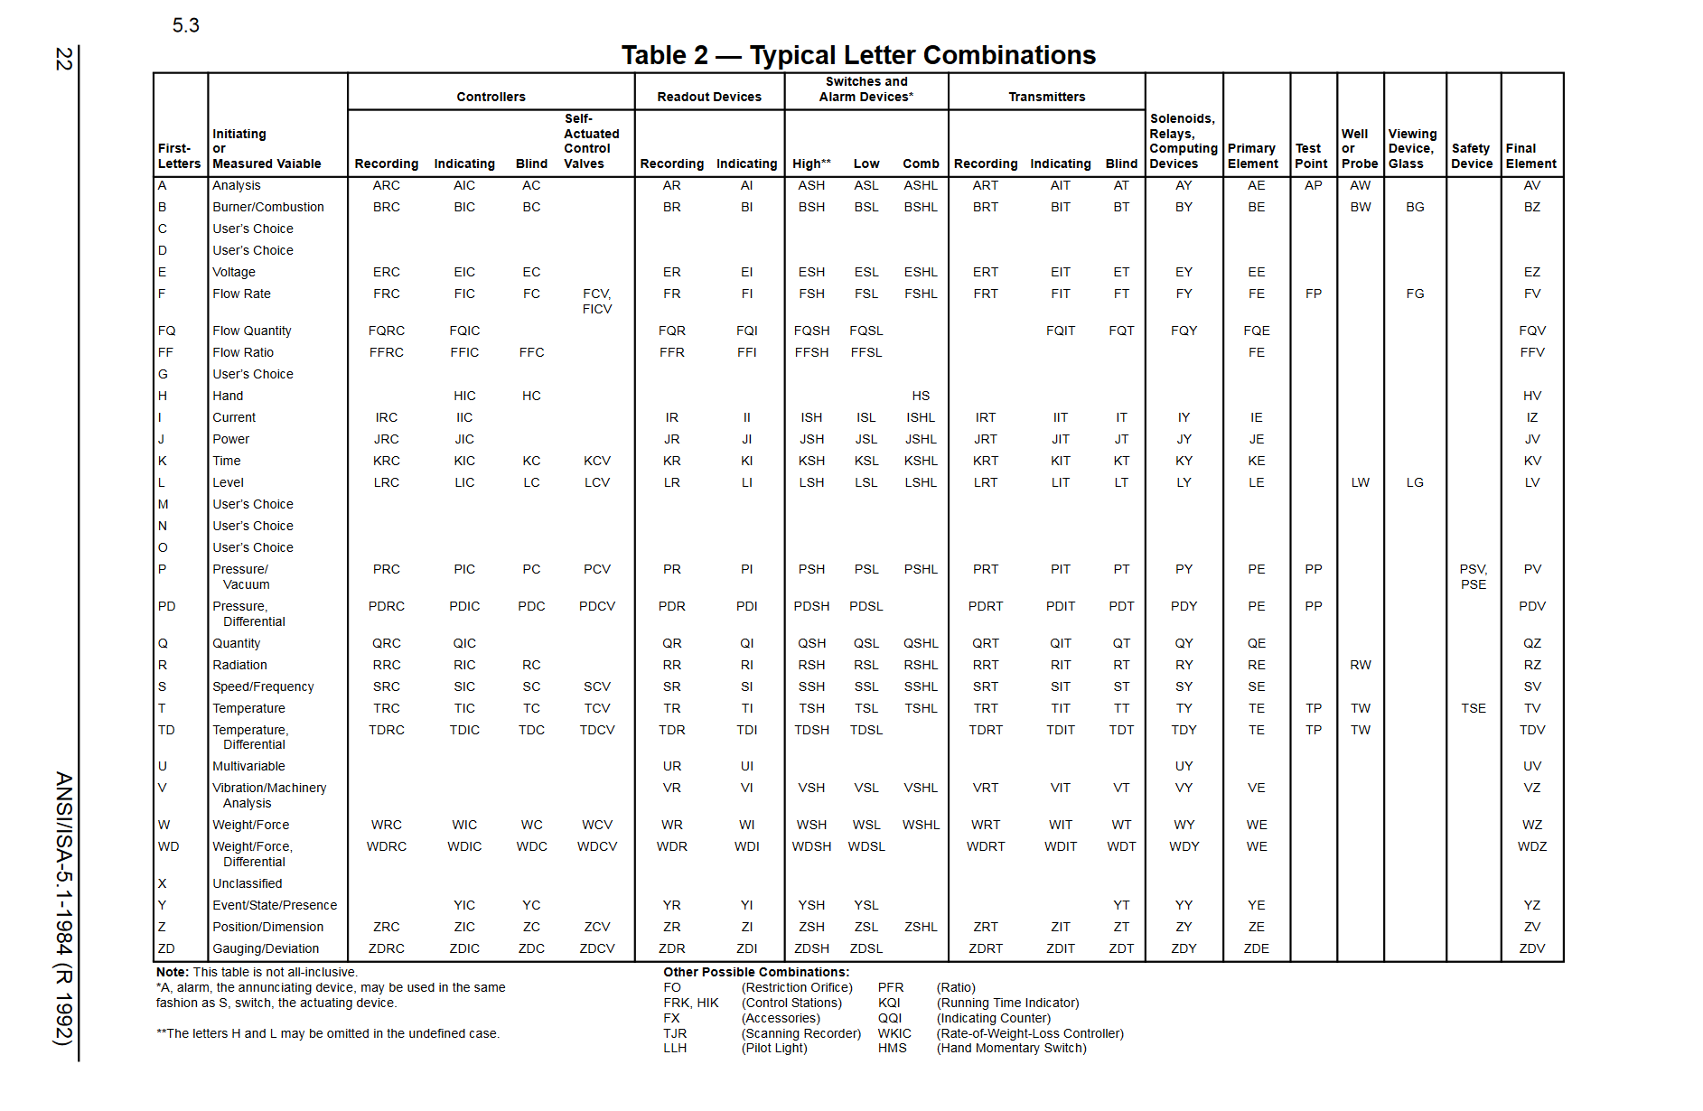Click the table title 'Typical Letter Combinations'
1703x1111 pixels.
coord(858,55)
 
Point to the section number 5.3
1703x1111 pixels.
coord(185,25)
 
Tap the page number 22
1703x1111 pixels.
coord(63,59)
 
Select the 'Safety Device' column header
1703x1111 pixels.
coord(1472,155)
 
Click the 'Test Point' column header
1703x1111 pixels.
coord(1311,155)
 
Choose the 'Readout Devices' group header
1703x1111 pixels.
coord(709,97)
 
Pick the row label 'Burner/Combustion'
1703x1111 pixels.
coord(268,207)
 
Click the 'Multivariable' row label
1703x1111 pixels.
coord(248,766)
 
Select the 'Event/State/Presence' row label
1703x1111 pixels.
coord(275,905)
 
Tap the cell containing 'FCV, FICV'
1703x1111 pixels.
coord(597,301)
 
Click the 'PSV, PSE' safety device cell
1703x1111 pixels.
coord(1474,576)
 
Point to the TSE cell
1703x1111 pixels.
coord(1474,708)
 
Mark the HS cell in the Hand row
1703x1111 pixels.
coord(921,396)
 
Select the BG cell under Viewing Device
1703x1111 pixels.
coord(1415,207)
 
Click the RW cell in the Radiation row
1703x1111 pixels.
coord(1361,665)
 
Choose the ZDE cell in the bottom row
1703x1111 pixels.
coord(1256,948)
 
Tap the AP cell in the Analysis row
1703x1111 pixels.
coord(1314,185)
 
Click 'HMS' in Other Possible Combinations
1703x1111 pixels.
coord(892,1048)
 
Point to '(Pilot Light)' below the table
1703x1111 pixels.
coord(774,1048)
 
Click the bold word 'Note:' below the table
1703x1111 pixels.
coord(173,972)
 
